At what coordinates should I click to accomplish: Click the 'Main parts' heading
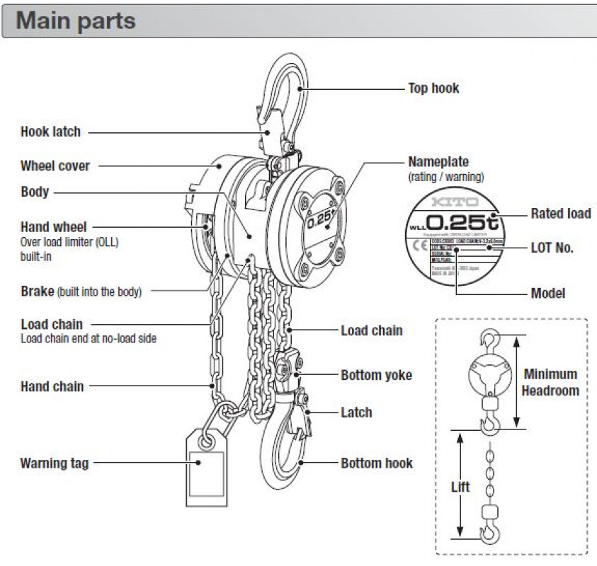pos(76,20)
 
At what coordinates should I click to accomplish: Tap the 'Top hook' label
pos(433,88)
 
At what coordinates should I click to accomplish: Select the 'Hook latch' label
pos(50,132)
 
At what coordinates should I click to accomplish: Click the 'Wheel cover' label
pos(55,166)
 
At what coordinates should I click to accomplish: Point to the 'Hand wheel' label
pos(54,227)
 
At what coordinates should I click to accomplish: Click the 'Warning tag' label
pos(55,463)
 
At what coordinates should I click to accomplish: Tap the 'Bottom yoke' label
pos(376,375)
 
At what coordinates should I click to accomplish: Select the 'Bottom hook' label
pos(377,463)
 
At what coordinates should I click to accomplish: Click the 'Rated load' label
pos(560,214)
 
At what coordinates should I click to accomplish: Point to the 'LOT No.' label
pos(552,248)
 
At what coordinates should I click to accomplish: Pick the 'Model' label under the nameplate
pos(548,293)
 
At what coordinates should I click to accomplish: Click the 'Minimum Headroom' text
pos(550,382)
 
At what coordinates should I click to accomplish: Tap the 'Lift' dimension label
pos(460,487)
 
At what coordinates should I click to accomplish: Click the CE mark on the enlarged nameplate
pos(417,247)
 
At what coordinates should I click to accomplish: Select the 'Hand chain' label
pos(52,386)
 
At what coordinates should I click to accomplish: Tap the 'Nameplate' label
pos(438,162)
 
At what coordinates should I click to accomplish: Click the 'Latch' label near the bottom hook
pos(356,412)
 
